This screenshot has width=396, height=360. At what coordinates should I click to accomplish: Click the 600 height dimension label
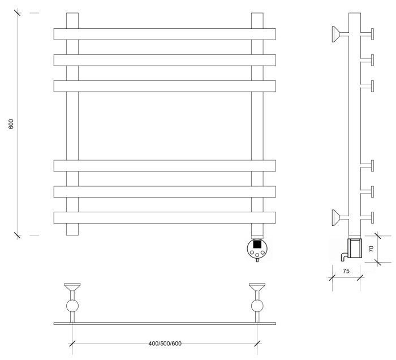(x=11, y=124)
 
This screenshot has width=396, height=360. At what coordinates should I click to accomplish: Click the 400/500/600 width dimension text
(x=165, y=344)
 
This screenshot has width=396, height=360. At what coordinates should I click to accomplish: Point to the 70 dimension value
(x=371, y=249)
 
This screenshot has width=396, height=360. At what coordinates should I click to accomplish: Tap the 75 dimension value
(x=346, y=271)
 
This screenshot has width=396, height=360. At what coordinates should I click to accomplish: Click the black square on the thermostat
(x=257, y=244)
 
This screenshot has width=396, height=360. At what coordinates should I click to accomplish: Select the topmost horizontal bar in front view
(x=165, y=34)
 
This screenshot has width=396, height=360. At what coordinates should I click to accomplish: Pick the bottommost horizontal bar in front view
(x=165, y=217)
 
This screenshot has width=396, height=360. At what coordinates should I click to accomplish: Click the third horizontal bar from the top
(x=165, y=86)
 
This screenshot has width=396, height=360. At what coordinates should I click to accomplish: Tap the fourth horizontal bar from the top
(x=165, y=165)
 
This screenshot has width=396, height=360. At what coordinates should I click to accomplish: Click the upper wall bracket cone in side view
(x=336, y=34)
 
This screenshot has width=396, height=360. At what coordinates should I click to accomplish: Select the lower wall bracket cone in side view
(x=336, y=217)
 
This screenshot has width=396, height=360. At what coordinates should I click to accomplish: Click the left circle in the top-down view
(x=72, y=306)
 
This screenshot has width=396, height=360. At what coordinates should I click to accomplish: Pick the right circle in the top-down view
(x=257, y=306)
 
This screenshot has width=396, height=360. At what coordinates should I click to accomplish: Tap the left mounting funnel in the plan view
(x=72, y=287)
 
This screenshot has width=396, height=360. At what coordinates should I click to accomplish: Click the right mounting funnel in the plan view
(x=257, y=287)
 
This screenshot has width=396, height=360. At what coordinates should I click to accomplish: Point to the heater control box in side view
(x=355, y=248)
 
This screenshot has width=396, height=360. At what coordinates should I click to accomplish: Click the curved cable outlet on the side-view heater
(x=345, y=256)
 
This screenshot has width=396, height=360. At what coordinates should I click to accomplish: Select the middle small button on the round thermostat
(x=257, y=254)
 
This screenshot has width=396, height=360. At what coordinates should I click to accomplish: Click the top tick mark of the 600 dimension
(x=18, y=12)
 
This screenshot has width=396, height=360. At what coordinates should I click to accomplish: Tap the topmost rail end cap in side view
(x=372, y=34)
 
